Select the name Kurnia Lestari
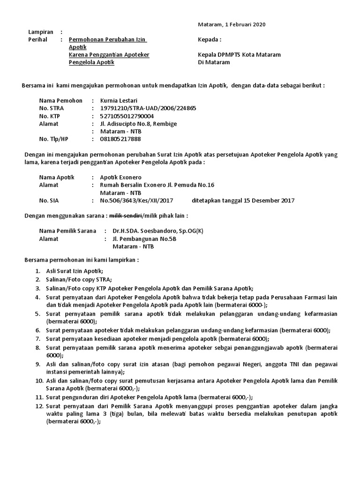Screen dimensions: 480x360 click(119, 100)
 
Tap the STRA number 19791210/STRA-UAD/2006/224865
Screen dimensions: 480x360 click(148, 108)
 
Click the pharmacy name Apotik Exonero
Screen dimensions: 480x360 click(120, 178)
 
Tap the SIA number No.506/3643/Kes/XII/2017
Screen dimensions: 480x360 click(137, 201)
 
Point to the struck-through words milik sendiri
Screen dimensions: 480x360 click(126, 216)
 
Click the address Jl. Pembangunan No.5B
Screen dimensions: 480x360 click(145, 239)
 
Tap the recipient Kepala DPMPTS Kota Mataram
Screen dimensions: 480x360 click(240, 54)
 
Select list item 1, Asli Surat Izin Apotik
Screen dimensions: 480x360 click(74, 271)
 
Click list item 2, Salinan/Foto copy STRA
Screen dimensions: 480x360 click(79, 280)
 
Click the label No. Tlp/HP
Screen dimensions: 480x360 click(54, 139)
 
